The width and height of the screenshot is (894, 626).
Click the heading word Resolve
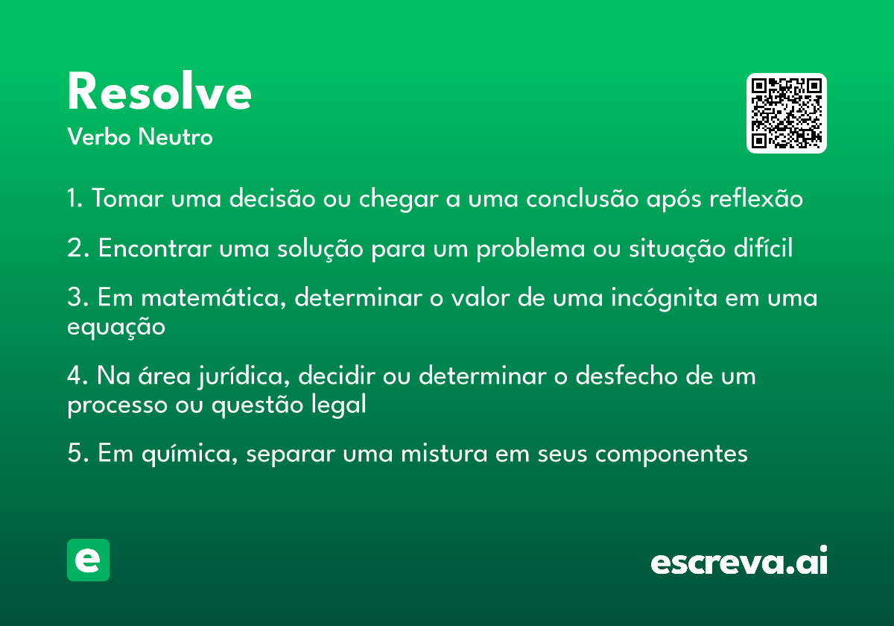click(159, 91)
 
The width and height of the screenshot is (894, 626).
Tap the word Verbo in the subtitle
click(99, 136)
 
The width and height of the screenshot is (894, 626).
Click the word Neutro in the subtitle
click(175, 136)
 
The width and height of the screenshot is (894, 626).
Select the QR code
click(786, 113)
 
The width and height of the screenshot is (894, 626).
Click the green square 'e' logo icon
click(88, 560)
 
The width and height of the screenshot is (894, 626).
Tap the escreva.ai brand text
click(739, 560)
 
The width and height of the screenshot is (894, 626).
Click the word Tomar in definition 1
click(127, 198)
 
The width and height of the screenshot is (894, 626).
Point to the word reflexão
click(756, 198)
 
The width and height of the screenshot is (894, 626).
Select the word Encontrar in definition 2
click(155, 248)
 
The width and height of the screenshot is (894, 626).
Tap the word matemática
click(214, 298)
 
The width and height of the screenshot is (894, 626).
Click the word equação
click(116, 327)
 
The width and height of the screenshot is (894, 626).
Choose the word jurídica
click(244, 376)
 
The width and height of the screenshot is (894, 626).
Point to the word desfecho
click(626, 376)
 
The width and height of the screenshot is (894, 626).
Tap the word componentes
click(671, 455)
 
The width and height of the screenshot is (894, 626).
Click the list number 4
click(74, 376)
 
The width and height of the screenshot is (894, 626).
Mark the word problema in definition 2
click(530, 249)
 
